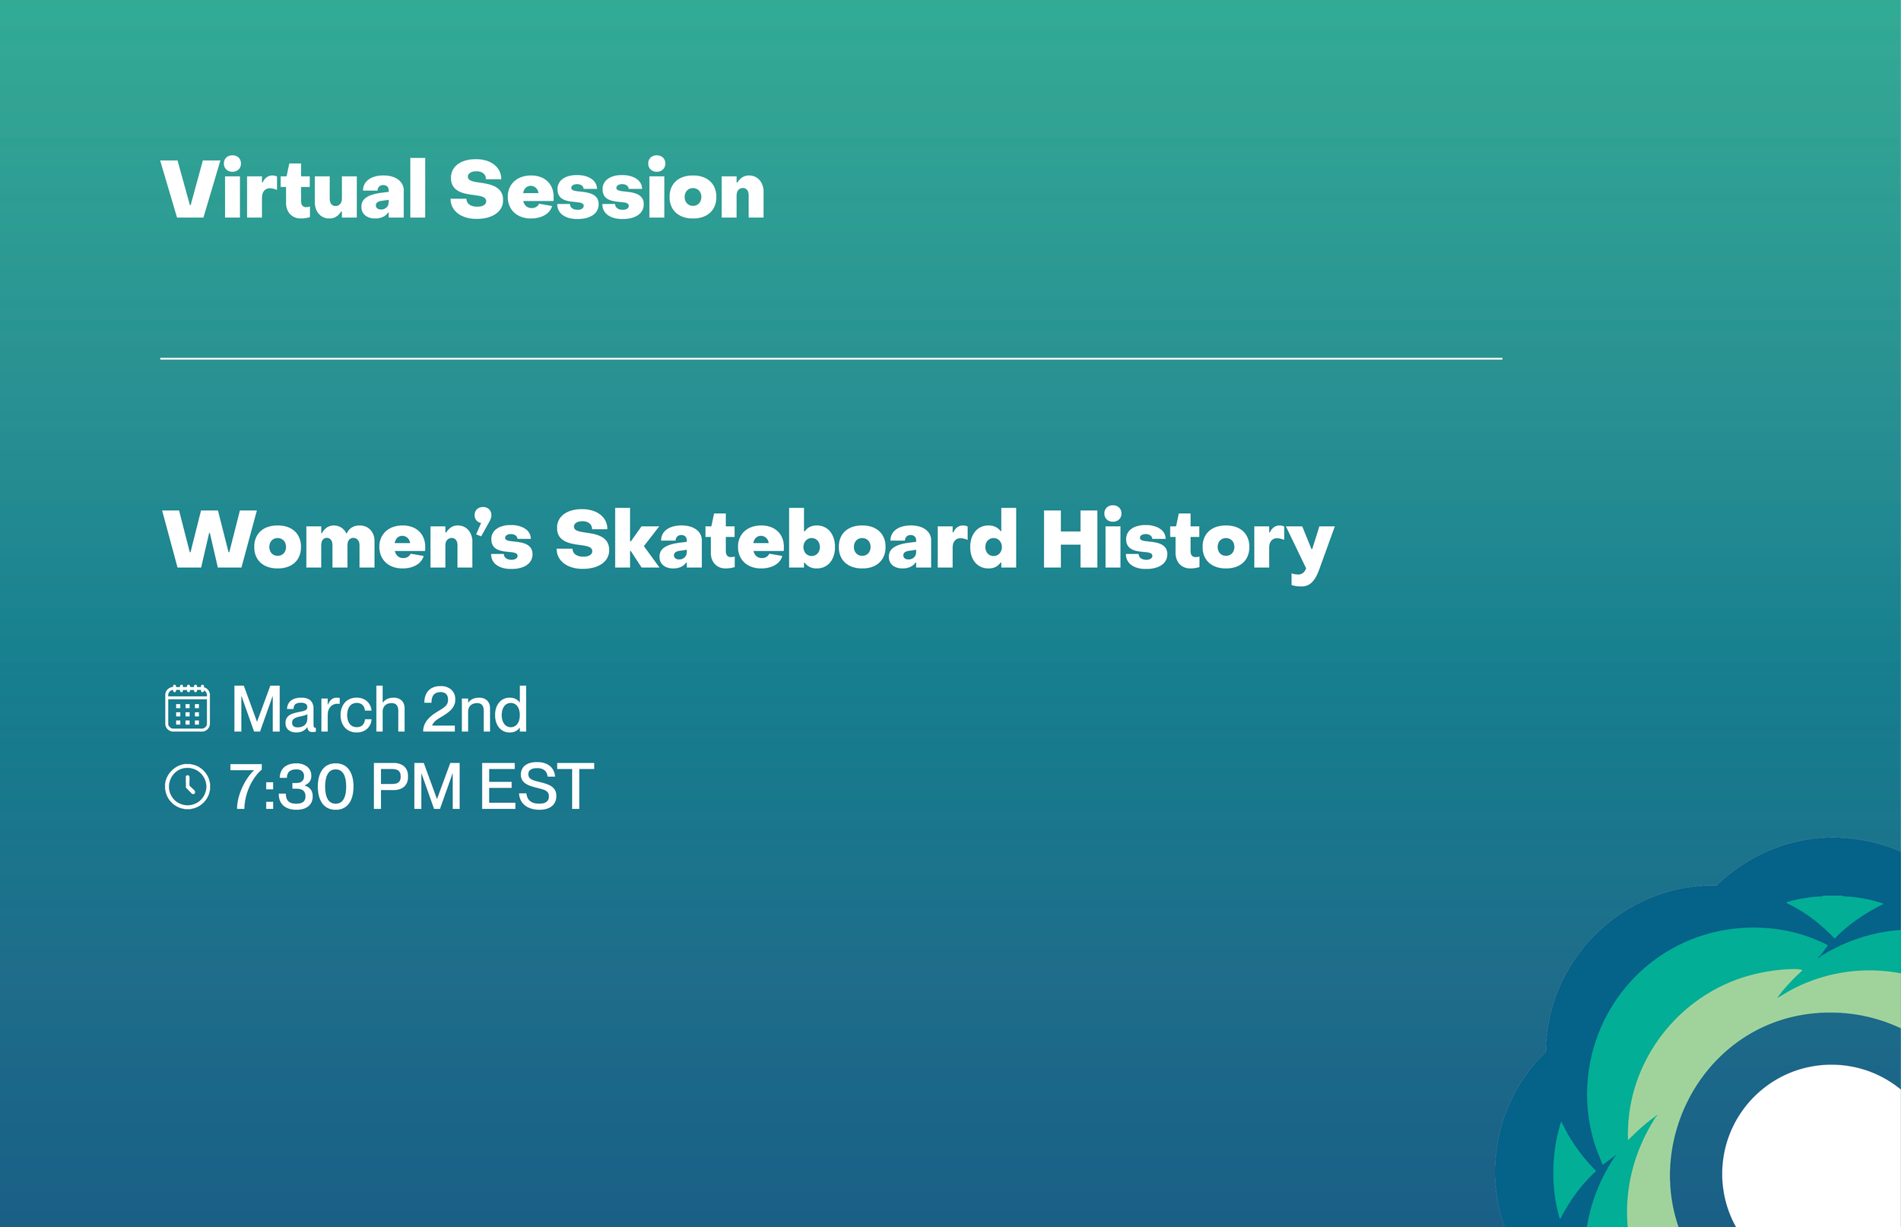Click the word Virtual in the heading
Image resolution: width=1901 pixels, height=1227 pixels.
294,189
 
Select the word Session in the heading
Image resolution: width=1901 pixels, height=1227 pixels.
606,189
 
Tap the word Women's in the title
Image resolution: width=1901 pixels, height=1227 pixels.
347,540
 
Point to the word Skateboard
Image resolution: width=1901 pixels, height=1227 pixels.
785,540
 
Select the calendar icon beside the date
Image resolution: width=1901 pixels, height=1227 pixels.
187,708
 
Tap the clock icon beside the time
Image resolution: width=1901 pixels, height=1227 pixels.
187,786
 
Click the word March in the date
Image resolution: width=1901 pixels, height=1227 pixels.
319,709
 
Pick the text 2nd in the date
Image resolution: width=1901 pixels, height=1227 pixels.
474,709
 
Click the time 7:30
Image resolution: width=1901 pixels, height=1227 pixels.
291,786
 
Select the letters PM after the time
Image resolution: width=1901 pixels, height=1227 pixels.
416,786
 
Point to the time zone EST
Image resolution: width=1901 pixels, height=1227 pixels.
536,786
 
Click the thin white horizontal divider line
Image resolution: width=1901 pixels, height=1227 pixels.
831,359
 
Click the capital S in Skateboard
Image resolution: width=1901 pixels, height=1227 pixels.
582,540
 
